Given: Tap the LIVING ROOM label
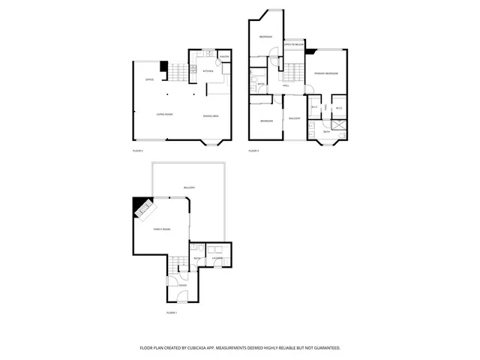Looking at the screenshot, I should [x=165, y=115].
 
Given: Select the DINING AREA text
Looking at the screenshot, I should [x=211, y=115].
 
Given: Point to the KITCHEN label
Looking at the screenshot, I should [x=208, y=71].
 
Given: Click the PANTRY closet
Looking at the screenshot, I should [x=224, y=58].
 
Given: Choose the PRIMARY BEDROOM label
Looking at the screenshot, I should [x=326, y=73].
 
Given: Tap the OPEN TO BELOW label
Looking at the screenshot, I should [x=293, y=45].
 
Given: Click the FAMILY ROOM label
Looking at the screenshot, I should [x=162, y=229].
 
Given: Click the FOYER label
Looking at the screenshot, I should [x=182, y=285].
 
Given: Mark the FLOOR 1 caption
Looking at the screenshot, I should [x=171, y=312].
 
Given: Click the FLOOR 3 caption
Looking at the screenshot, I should [x=253, y=151].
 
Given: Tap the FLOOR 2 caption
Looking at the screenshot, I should [x=137, y=151].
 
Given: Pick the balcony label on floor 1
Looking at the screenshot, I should [x=189, y=187].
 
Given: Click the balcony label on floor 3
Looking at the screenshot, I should [x=295, y=118].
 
